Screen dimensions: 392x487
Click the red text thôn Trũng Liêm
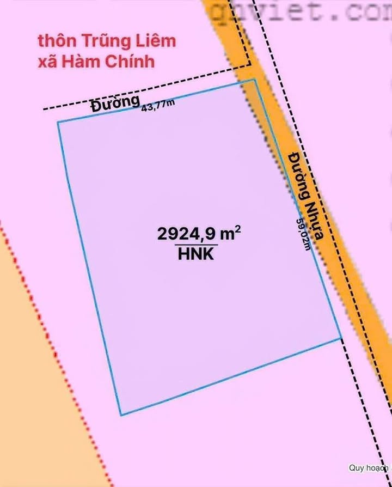click(107, 41)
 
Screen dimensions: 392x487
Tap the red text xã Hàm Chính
click(96, 61)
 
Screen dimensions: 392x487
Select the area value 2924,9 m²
click(199, 234)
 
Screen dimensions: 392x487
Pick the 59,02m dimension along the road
click(303, 234)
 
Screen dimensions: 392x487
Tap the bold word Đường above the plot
click(115, 104)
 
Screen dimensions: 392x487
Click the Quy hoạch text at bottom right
click(369, 467)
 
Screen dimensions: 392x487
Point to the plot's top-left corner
click(58, 123)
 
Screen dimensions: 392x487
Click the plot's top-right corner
click(254, 80)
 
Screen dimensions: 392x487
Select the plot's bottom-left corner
click(120, 415)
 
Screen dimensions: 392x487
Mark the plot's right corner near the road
click(341, 337)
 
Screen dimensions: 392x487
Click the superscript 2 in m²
click(237, 229)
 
